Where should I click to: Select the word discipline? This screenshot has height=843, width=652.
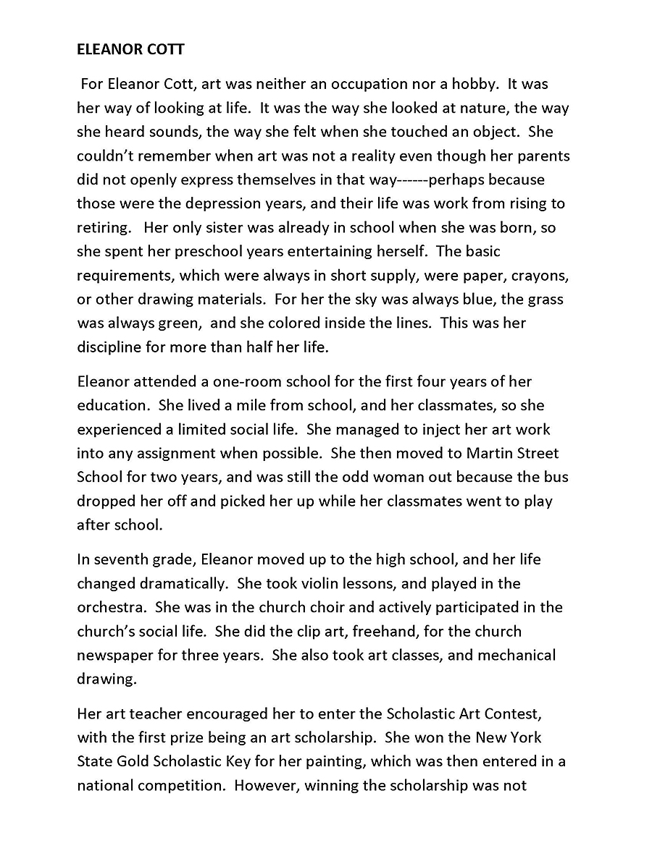pyautogui.click(x=112, y=347)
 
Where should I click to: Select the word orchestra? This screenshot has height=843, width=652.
pyautogui.click(x=108, y=607)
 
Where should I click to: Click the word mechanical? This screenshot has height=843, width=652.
pyautogui.click(x=519, y=655)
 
